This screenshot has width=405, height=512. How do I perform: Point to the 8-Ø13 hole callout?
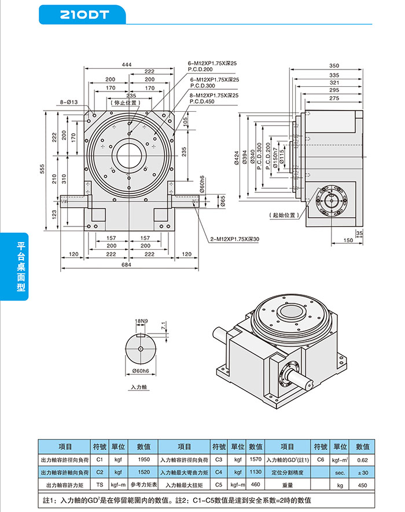click(69, 103)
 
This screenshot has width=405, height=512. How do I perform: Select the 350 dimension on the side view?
click(334, 65)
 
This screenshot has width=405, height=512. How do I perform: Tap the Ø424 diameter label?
click(237, 158)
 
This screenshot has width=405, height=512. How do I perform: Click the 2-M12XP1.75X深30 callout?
click(234, 239)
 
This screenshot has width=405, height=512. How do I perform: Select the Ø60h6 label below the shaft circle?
click(141, 370)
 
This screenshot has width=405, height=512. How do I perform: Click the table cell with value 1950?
click(143, 459)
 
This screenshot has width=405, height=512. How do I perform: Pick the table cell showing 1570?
click(255, 459)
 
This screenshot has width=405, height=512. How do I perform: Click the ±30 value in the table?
click(363, 472)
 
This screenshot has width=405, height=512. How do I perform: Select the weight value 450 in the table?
click(363, 484)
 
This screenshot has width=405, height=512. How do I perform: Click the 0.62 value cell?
click(363, 459)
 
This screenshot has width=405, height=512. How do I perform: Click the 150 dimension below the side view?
click(348, 240)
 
